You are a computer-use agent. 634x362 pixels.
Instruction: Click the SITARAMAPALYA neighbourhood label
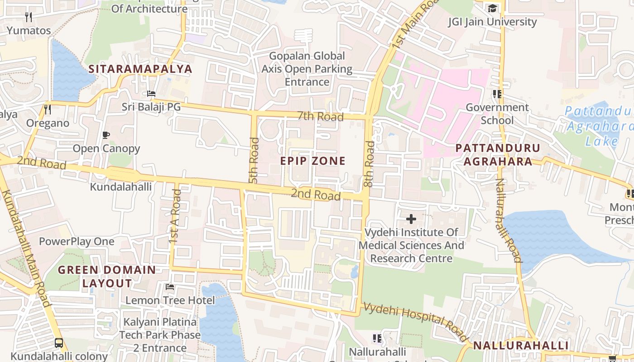pyautogui.click(x=140, y=69)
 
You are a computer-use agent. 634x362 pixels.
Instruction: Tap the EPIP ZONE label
pyautogui.click(x=312, y=161)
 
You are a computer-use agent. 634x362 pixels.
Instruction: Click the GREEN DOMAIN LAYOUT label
pyautogui.click(x=107, y=276)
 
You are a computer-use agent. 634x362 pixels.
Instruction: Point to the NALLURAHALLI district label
pyautogui.click(x=521, y=346)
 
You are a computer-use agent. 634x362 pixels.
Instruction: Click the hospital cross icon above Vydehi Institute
pyautogui.click(x=411, y=219)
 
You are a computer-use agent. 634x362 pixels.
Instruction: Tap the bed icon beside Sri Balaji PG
pyautogui.click(x=151, y=94)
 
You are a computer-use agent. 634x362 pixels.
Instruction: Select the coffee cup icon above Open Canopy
pyautogui.click(x=106, y=135)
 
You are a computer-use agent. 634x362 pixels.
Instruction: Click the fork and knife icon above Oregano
pyautogui.click(x=48, y=110)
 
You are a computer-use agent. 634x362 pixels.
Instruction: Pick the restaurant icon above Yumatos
pyautogui.click(x=29, y=17)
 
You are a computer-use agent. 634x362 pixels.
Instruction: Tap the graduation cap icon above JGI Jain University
pyautogui.click(x=492, y=9)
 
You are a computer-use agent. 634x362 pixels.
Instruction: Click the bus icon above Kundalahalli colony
pyautogui.click(x=59, y=343)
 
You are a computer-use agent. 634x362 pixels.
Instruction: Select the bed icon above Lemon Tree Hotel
pyautogui.click(x=170, y=287)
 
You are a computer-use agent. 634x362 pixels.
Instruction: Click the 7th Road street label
pyautogui.click(x=321, y=116)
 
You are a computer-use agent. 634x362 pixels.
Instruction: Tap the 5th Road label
pyautogui.click(x=254, y=161)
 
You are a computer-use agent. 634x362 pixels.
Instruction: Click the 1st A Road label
pyautogui.click(x=175, y=217)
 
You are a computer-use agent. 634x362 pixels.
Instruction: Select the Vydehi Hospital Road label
pyautogui.click(x=415, y=322)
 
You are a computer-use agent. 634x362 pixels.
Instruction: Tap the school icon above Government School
pyautogui.click(x=497, y=94)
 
